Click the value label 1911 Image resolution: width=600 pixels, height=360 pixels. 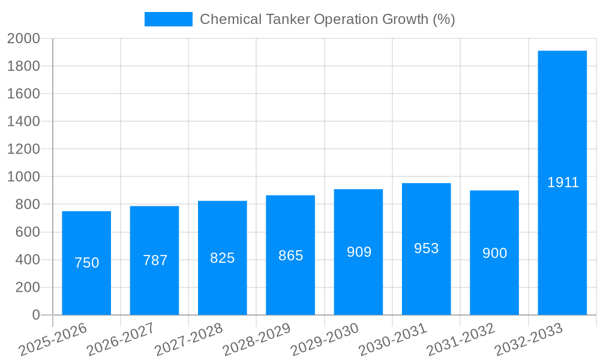pos(563,182)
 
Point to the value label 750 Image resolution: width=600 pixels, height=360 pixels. pos(86,263)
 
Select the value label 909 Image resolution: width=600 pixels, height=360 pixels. pos(359,252)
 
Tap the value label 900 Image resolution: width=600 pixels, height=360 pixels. pos(494,253)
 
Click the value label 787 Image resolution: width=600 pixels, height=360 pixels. pos(155,260)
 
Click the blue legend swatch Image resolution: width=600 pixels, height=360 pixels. pos(169,19)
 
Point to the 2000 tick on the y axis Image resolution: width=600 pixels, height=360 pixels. pos(23,39)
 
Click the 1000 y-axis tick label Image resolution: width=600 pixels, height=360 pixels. pos(23,177)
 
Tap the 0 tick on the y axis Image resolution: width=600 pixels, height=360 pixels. pos(35,315)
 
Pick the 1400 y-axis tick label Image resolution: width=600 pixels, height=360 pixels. pos(23,122)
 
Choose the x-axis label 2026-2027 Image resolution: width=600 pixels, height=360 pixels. pos(121,340)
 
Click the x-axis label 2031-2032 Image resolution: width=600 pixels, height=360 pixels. pos(460,340)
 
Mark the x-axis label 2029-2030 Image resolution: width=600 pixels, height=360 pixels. pos(325,340)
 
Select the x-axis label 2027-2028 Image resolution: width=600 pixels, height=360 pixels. pos(188,340)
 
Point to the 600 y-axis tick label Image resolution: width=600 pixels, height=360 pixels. pos(27,232)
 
